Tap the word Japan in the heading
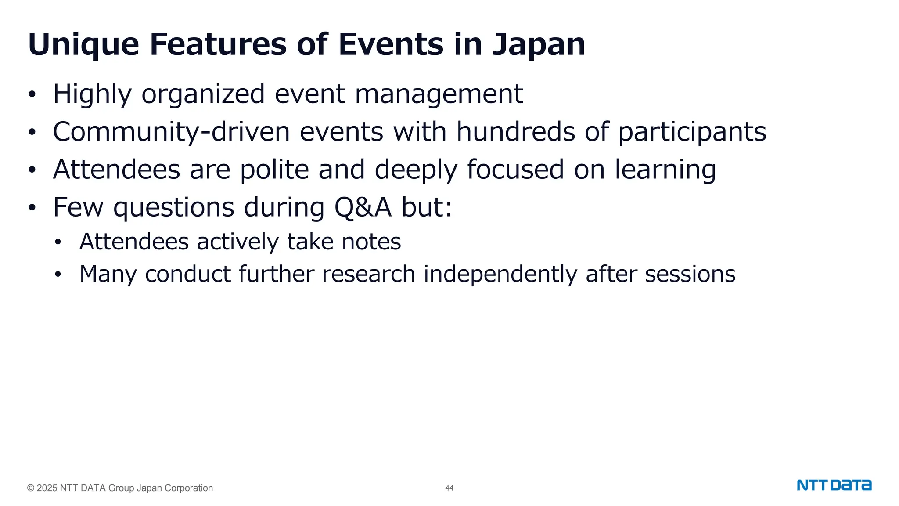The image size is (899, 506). pos(539,45)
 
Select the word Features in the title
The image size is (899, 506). pos(218,45)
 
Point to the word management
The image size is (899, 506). pos(439,94)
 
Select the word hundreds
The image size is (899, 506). pos(515,132)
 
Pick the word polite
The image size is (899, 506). pos(274,170)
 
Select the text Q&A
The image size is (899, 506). pos(363,207)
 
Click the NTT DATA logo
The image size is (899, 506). pos(834,485)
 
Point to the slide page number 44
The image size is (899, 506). pos(449,488)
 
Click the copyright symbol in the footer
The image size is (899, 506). pos(31,488)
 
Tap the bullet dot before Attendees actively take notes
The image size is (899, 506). pos(58,242)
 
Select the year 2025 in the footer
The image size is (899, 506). pos(47,488)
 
